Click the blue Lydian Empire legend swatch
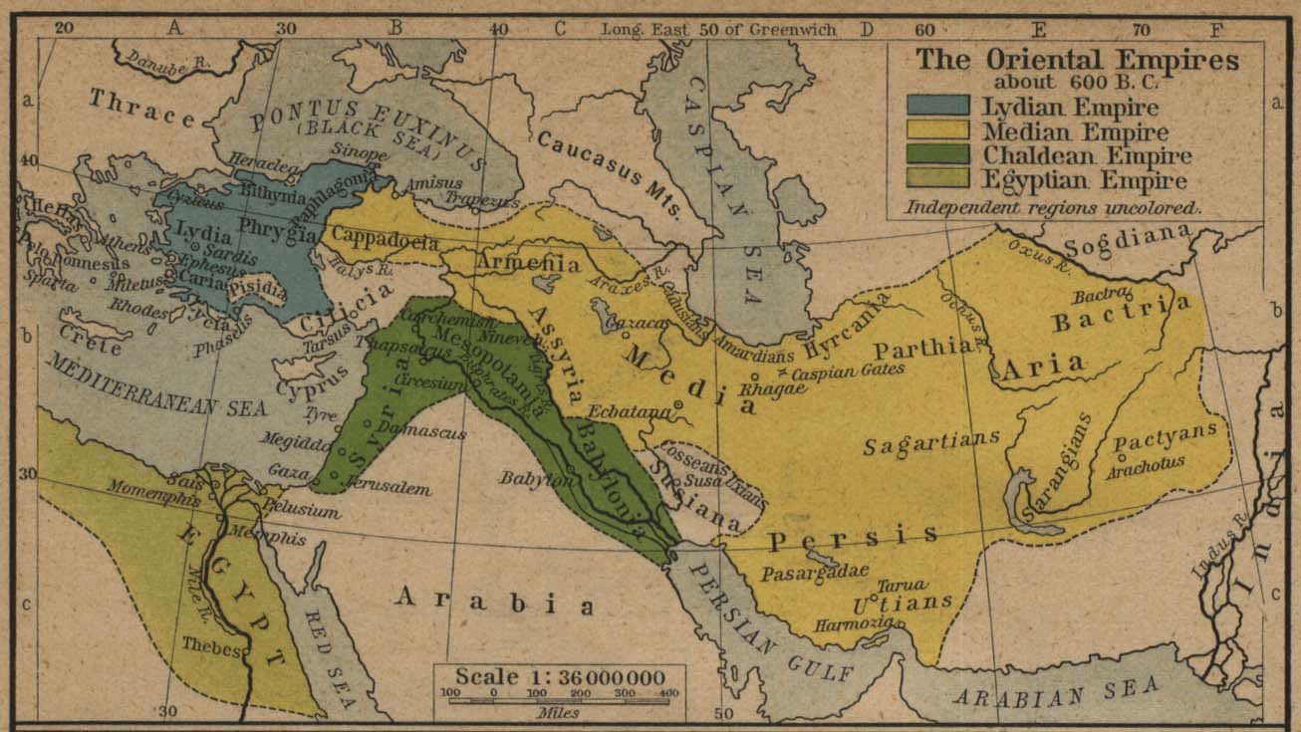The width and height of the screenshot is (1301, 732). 936,106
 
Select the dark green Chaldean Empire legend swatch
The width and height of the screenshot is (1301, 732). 936,154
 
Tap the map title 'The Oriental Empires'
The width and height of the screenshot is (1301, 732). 1077,59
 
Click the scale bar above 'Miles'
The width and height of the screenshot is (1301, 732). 559,700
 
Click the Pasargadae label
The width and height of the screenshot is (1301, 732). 815,574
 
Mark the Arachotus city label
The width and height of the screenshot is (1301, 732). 1146,462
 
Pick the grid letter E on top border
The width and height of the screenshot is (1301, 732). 1041,29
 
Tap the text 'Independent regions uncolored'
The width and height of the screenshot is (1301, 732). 1053,208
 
